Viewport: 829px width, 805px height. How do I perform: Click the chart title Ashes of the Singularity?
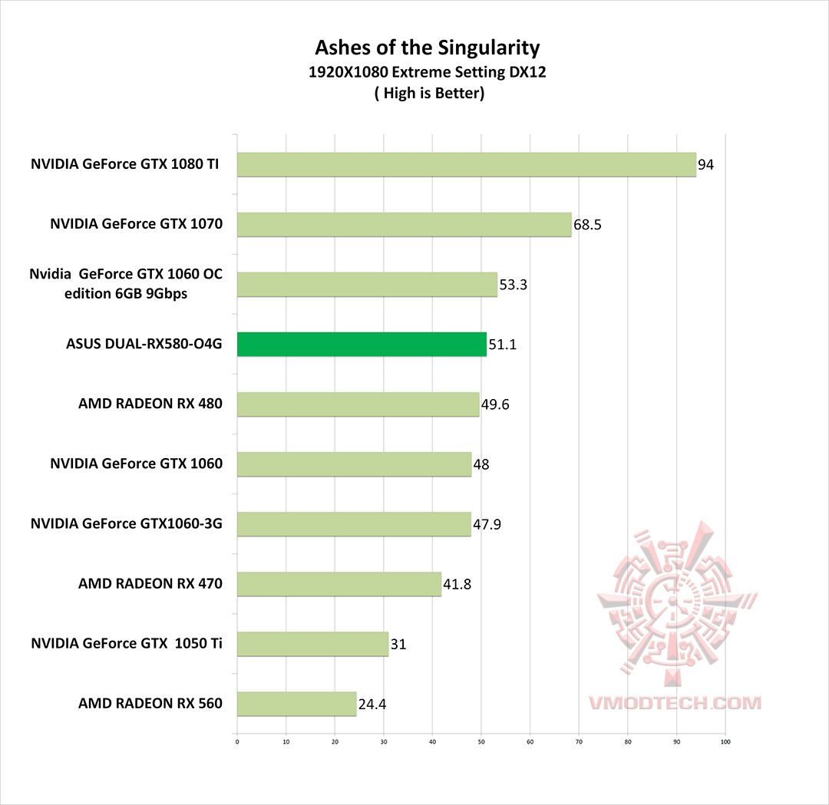[428, 48]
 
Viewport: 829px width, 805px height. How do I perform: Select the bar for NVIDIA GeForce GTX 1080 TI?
[466, 165]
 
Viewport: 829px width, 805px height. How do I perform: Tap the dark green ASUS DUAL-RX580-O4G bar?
[362, 345]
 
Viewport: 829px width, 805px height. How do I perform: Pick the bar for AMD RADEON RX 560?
[296, 704]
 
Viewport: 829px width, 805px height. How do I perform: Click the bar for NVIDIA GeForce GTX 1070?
[404, 225]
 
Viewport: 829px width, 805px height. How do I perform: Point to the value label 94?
[706, 165]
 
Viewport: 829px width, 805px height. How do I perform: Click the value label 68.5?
[587, 225]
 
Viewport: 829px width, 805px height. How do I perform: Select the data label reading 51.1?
[502, 345]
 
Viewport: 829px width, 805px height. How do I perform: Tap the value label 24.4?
[372, 704]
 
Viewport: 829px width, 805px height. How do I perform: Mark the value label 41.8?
[457, 584]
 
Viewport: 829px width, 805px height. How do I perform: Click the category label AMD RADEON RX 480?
[150, 403]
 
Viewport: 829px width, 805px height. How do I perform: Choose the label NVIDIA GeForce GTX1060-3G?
[127, 523]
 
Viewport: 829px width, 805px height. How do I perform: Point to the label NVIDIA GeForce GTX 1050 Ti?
[127, 643]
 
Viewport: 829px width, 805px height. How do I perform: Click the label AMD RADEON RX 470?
[150, 583]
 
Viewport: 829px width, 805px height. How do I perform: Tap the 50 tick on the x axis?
[481, 742]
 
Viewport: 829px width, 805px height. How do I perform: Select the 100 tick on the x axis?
[725, 742]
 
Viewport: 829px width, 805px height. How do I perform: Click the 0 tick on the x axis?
[237, 742]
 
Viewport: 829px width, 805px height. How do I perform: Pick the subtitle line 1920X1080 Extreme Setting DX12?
[428, 74]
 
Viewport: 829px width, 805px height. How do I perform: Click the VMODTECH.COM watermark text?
[675, 702]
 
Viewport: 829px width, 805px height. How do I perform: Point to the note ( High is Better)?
[428, 94]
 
